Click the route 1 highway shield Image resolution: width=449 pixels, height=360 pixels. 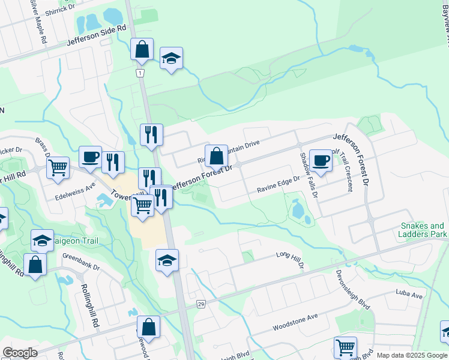[x=139, y=73]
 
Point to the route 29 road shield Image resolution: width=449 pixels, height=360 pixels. [x=200, y=305]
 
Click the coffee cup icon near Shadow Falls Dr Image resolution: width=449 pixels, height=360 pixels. [x=321, y=160]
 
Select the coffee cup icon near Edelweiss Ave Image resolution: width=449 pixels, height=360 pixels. [x=90, y=157]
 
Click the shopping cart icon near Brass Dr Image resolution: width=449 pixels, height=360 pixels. [x=58, y=167]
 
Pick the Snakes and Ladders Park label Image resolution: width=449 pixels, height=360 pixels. [x=423, y=230]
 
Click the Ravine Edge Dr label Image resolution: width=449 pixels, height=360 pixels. [x=278, y=187]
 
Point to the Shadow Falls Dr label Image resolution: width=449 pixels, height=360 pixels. [x=308, y=175]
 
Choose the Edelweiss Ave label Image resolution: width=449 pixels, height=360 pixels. [x=75, y=187]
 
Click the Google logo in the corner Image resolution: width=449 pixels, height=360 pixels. [x=20, y=353]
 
